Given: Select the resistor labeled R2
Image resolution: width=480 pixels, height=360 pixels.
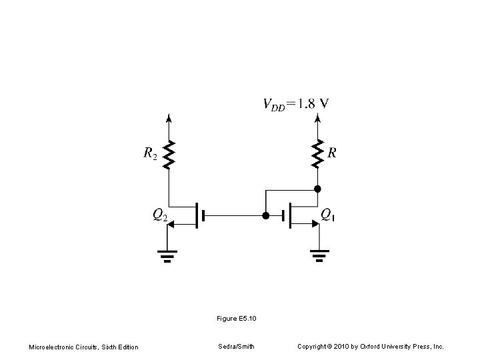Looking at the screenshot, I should point(169,155).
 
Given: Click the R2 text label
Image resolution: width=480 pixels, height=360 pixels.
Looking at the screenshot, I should point(151,154).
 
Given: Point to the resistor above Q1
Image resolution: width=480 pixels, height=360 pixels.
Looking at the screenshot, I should point(318,153).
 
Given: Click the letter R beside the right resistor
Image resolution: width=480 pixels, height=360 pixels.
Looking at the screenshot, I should point(332,153).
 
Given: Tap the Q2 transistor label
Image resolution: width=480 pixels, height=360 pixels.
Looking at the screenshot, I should point(160,214).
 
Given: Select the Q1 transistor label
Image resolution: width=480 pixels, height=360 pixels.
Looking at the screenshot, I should point(328,214).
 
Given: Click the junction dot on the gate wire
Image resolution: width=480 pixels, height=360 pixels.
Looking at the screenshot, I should point(265,216).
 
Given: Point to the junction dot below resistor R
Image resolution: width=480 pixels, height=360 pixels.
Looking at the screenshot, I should point(318,189).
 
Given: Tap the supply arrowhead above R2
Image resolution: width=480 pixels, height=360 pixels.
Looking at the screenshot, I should point(169,119).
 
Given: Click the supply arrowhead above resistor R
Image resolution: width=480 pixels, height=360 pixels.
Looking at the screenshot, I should point(318,119).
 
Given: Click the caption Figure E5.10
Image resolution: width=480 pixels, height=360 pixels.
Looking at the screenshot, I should point(237,319).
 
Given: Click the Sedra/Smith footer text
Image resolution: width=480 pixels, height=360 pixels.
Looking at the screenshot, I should point(236,346).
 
